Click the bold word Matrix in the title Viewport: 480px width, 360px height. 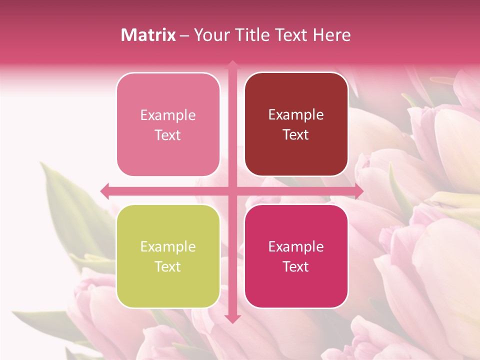coord(148,35)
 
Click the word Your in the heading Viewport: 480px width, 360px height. coord(209,35)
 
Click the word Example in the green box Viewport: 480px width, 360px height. coord(168,246)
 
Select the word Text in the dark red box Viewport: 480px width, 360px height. coord(296,135)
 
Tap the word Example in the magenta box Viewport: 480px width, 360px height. coord(296,246)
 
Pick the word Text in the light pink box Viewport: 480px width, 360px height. coord(168,135)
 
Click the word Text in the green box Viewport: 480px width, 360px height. coord(168,266)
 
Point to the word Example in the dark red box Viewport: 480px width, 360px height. coord(296,115)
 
